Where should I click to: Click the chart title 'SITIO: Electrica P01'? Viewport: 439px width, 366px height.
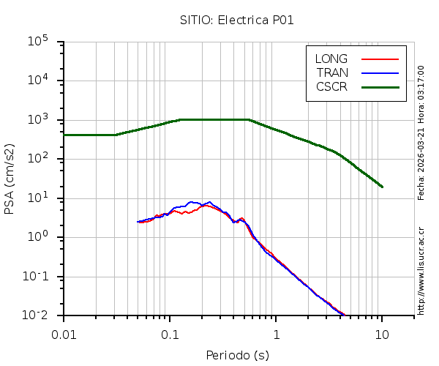click(x=237, y=20)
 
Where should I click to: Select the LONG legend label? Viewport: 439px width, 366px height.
click(x=331, y=59)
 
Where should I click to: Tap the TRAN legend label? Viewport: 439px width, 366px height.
click(x=332, y=72)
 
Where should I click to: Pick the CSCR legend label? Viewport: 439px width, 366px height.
click(x=331, y=86)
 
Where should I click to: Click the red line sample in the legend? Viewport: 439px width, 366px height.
click(x=380, y=59)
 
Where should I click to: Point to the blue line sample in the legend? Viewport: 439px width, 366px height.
click(x=380, y=72)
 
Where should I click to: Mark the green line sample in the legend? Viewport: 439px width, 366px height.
click(x=380, y=86)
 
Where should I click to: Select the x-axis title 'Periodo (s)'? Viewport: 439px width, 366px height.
click(x=237, y=356)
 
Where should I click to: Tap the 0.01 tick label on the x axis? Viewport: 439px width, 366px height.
click(x=64, y=334)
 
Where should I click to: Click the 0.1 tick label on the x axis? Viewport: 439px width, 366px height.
click(x=170, y=334)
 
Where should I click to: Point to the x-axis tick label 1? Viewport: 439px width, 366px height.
click(x=277, y=334)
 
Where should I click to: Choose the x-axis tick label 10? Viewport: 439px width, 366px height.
click(x=382, y=334)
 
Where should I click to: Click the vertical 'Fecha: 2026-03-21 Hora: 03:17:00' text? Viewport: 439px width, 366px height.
click(x=421, y=132)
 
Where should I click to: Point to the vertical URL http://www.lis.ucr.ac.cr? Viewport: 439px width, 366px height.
click(x=421, y=270)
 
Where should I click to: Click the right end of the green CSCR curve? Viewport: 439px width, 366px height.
click(x=382, y=187)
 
